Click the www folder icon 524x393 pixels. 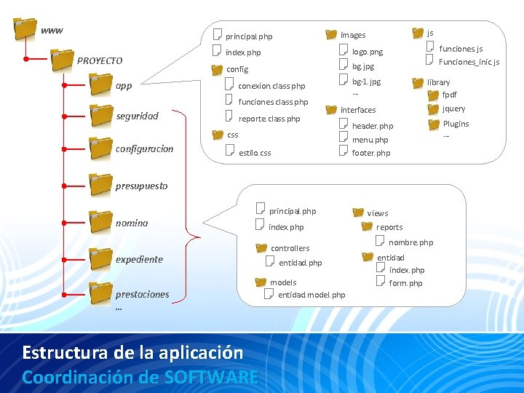click(25, 28)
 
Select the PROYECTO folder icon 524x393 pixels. click(63, 59)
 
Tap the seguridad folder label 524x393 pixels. click(137, 116)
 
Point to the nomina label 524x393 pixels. click(132, 223)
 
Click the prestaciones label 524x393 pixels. click(142, 295)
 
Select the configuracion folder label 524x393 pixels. click(144, 149)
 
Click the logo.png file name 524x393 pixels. click(367, 52)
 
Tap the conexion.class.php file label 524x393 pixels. click(271, 87)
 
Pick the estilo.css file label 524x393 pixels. click(255, 154)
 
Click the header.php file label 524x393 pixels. click(372, 127)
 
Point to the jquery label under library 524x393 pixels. click(453, 109)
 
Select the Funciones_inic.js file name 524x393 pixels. click(469, 63)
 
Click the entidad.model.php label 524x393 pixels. click(311, 295)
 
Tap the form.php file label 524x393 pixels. click(405, 283)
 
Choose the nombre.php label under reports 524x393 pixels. click(410, 242)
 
